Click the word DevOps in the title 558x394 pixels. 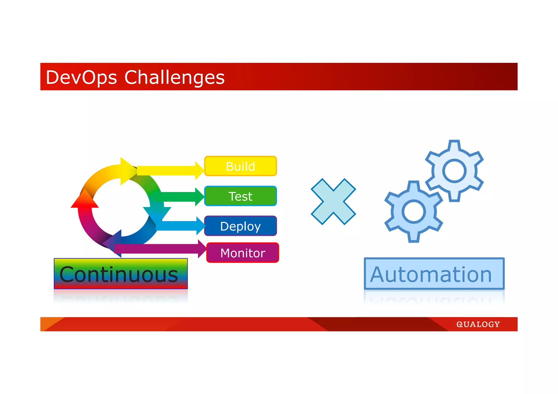(81, 77)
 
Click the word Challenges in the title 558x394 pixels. (174, 77)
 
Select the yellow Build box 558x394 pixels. (240, 166)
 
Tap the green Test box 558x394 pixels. (240, 196)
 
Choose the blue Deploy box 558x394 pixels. (240, 226)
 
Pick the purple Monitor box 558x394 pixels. (242, 253)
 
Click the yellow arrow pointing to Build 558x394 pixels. (169, 170)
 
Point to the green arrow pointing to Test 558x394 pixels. (180, 197)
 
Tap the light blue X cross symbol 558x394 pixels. (333, 201)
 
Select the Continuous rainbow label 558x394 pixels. (121, 274)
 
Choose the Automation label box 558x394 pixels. (434, 274)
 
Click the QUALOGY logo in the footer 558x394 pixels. (478, 324)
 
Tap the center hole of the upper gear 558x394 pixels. (454, 171)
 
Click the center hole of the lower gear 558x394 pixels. (413, 212)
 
